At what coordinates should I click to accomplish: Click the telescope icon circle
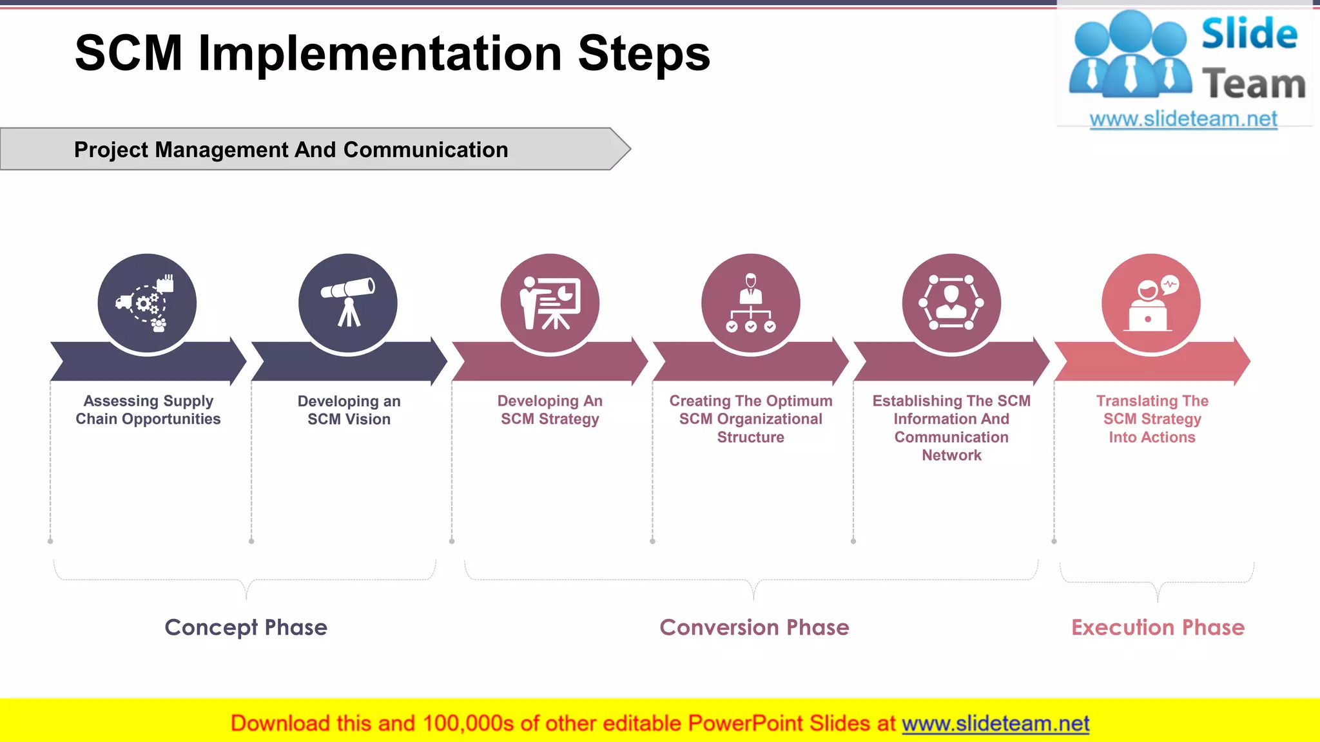point(348,303)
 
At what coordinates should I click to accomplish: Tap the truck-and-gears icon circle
point(147,303)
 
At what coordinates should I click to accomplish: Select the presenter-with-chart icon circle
point(550,303)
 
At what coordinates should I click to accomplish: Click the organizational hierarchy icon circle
point(751,303)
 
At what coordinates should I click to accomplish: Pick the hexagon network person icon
point(951,303)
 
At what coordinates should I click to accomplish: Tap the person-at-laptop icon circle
point(1151,303)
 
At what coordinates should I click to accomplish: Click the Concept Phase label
point(246,627)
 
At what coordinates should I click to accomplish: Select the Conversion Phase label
point(754,627)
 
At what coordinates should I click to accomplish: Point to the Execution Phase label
point(1158,627)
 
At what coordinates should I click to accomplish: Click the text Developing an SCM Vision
point(349,410)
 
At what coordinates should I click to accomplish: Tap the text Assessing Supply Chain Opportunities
point(148,410)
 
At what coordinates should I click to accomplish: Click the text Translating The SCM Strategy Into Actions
point(1152,419)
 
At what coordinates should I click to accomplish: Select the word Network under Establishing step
point(951,455)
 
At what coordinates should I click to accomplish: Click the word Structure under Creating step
point(750,437)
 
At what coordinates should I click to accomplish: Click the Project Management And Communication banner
point(291,149)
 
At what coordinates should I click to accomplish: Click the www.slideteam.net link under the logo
point(1183,119)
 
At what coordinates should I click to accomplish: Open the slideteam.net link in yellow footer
point(995,723)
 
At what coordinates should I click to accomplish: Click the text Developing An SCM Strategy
point(550,410)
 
